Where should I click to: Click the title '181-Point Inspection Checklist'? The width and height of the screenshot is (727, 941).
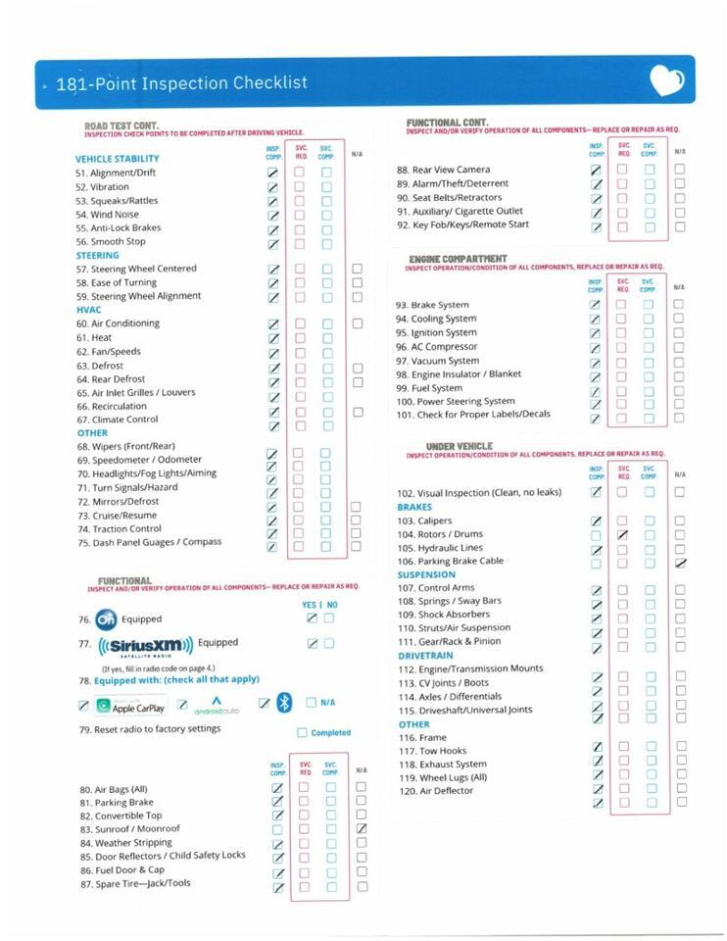182,83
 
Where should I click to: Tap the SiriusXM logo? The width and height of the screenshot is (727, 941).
146,645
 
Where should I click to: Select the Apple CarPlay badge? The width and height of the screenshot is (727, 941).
131,706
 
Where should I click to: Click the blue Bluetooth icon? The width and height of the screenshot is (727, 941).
284,703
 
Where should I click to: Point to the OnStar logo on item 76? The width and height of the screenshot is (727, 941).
107,619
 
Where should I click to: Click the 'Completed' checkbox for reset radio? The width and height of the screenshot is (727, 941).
302,732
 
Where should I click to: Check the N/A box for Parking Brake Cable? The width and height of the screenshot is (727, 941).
680,562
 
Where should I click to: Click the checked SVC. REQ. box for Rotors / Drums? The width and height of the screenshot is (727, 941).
621,535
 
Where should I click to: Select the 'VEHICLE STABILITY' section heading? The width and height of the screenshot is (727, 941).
117,159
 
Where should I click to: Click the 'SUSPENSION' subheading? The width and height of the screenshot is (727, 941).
426,574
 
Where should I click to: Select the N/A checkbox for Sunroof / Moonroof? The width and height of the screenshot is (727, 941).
361,829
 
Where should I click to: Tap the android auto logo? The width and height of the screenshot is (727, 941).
217,705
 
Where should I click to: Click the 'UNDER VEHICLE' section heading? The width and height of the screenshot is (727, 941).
459,446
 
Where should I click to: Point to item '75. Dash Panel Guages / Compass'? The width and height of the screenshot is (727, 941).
150,542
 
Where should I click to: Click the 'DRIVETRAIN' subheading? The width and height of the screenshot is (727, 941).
425,655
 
